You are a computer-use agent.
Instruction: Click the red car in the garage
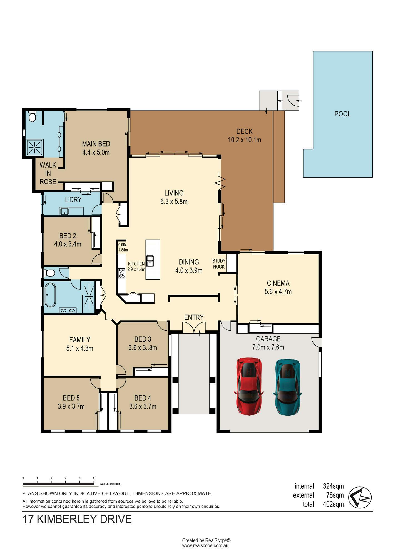coord(249,386)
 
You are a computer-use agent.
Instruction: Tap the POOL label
coord(342,114)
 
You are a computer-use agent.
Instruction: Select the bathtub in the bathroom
coord(50,295)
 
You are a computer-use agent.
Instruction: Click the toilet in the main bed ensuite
coord(33,116)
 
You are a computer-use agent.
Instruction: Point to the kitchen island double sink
coord(150,261)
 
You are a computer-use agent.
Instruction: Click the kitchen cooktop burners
coord(121,273)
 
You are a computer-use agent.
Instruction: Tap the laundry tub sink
coord(64,211)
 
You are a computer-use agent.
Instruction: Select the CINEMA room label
coord(278,283)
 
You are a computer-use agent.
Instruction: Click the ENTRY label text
coord(194,317)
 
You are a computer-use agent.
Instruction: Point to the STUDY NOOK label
coord(219,264)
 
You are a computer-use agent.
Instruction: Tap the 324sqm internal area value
coord(333,486)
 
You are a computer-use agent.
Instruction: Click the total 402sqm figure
coord(333,504)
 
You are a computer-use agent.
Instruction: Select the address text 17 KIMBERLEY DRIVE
coord(77,519)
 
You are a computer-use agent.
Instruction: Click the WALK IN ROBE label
coord(48,173)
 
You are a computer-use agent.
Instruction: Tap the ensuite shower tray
coord(35,147)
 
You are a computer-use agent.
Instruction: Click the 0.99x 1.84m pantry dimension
coord(123,247)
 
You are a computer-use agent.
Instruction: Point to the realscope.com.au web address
coord(205,546)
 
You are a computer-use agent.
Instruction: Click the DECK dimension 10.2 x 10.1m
coord(245,140)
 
